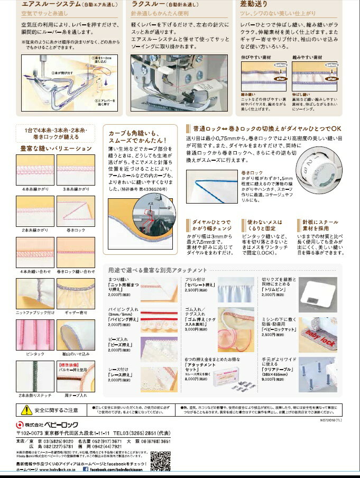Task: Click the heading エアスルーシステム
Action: [x=50, y=5]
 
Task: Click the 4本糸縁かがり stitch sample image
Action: [x=35, y=170]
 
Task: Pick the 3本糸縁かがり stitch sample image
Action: [x=76, y=170]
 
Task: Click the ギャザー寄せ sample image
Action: [x=76, y=293]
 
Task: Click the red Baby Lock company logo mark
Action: [x=20, y=424]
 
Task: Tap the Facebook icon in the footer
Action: [x=85, y=468]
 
